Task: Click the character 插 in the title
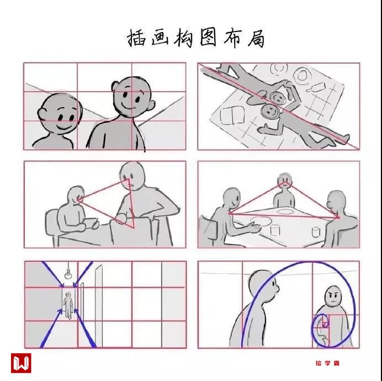(x=137, y=38)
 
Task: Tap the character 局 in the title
(x=256, y=38)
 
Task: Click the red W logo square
(x=21, y=363)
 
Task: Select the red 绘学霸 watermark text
(x=327, y=363)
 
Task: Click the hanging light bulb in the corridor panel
(x=68, y=275)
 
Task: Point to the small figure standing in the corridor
(x=68, y=305)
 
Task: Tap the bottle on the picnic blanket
(x=316, y=87)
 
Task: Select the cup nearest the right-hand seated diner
(x=316, y=232)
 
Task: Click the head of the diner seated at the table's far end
(x=284, y=181)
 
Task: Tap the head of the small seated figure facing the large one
(x=76, y=194)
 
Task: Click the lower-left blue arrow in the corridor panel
(x=51, y=329)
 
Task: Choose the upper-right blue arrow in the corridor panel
(x=83, y=274)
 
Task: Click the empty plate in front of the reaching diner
(x=261, y=221)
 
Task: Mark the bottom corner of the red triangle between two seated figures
(x=134, y=228)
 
